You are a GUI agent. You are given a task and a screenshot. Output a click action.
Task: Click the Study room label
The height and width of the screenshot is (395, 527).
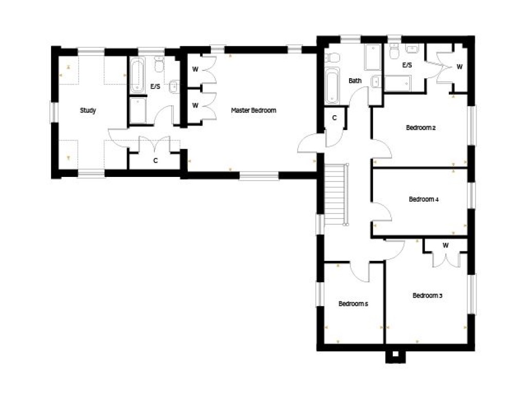pos(87,110)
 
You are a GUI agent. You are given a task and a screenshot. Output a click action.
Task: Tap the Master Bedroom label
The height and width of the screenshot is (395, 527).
pos(254,110)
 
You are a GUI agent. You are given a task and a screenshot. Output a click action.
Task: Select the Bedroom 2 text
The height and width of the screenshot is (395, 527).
pos(421,128)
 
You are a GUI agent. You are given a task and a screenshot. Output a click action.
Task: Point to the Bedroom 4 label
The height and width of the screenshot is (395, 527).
pos(424,199)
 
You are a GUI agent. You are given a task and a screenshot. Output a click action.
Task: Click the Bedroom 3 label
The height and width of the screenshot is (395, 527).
pos(427,296)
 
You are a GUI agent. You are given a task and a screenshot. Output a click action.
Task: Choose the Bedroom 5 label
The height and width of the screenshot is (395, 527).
pos(353,303)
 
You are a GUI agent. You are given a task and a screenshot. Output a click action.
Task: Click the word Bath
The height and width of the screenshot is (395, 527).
pos(355,81)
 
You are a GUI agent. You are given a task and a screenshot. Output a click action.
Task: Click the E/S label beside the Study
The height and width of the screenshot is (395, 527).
pos(155,87)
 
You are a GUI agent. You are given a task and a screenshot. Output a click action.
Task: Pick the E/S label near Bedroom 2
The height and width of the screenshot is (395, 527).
pos(407,65)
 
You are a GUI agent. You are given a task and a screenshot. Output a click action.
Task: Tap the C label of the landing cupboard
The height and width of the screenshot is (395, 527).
pos(335,118)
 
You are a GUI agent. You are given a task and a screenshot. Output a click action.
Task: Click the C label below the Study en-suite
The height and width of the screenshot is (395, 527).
pos(155,160)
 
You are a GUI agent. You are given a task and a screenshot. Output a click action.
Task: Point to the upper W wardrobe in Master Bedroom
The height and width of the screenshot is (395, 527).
pos(196,69)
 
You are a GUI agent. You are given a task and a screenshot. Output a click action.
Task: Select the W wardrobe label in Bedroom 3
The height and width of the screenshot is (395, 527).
pos(446,245)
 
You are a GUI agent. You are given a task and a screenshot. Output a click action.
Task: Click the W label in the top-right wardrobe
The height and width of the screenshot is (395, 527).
pos(459,66)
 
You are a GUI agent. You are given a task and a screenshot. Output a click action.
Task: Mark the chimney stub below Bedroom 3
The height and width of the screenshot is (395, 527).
pos(395,355)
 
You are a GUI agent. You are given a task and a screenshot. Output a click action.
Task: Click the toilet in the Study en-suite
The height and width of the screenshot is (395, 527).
pos(159,66)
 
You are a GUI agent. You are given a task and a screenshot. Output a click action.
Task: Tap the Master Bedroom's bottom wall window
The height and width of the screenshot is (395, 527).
pos(259,176)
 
